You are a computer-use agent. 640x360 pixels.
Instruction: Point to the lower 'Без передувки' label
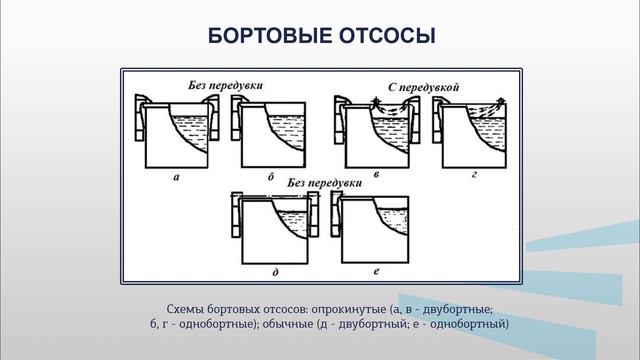pos(323,184)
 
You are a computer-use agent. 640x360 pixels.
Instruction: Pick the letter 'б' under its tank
pos(271,176)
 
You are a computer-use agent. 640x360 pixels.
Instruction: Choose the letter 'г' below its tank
pos(470,176)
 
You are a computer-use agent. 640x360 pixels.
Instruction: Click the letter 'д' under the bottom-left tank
pos(275,273)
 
